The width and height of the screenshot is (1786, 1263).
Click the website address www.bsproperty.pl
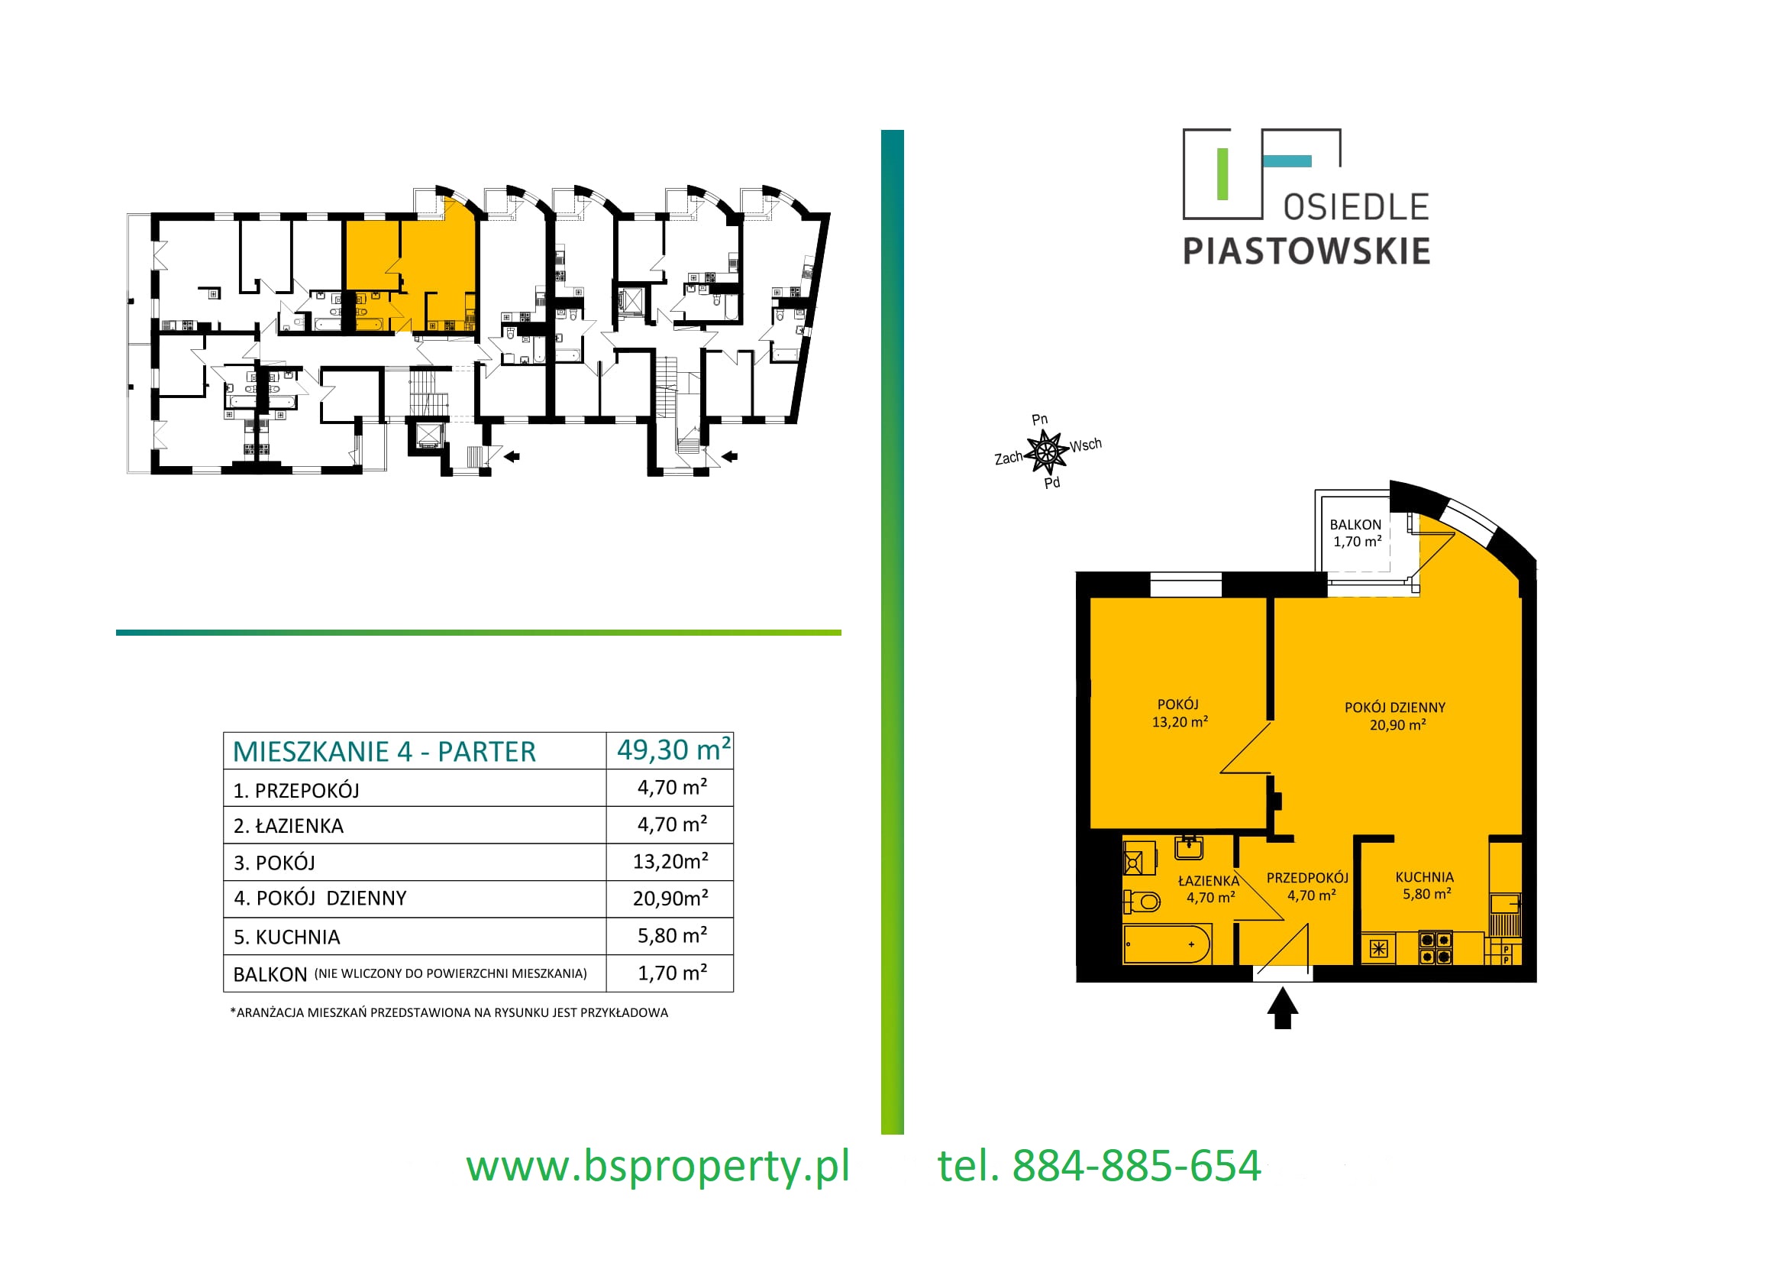(657, 1167)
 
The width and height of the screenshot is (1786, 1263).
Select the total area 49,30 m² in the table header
(673, 750)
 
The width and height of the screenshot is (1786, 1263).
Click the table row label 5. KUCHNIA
(286, 937)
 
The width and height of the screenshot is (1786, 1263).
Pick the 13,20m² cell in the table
(670, 860)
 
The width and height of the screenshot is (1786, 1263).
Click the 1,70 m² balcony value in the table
(672, 972)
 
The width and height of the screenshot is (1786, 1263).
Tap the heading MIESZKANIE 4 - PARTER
(384, 752)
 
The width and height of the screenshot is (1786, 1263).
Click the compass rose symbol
(1046, 452)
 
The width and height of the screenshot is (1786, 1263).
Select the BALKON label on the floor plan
(1355, 524)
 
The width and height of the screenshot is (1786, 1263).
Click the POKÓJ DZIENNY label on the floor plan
(1395, 708)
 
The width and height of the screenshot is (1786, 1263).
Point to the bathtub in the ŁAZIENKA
(1167, 944)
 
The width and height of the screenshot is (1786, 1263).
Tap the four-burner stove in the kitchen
(1436, 949)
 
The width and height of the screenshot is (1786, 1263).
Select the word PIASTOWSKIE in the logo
(1306, 251)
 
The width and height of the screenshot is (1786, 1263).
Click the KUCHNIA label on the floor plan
(1424, 877)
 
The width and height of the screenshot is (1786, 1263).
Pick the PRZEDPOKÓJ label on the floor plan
(1307, 878)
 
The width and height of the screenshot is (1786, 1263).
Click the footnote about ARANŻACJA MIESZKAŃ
(449, 1012)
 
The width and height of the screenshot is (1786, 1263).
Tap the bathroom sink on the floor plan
(1189, 847)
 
